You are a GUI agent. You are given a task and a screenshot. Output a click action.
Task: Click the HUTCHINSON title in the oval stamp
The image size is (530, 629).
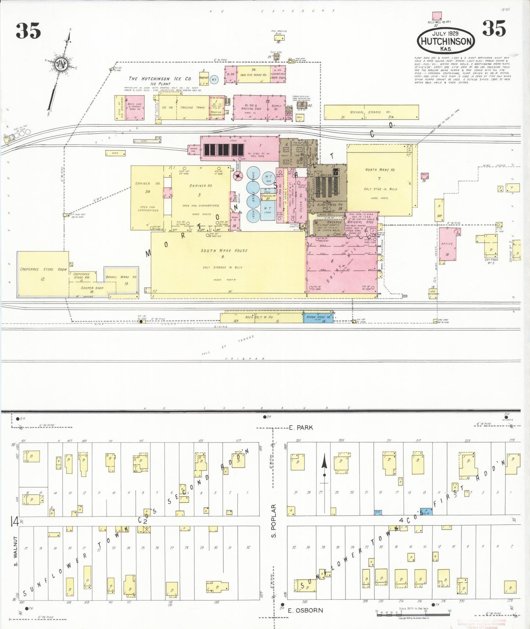[446, 41]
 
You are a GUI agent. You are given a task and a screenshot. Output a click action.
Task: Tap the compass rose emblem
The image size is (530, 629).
[60, 65]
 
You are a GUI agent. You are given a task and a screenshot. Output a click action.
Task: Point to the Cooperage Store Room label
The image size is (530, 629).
[43, 269]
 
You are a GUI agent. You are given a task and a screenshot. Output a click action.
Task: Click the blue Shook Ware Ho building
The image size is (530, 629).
[318, 317]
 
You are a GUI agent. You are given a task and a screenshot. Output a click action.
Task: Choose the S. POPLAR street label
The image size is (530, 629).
[273, 521]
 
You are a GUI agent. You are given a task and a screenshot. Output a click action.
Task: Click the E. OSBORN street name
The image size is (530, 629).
[306, 610]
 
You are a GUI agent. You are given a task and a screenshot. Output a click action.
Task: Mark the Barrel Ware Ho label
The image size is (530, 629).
[121, 277]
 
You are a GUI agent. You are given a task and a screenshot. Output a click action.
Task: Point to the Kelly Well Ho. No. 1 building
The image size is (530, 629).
[436, 16]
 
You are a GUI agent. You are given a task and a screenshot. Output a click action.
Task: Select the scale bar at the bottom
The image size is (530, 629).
[412, 611]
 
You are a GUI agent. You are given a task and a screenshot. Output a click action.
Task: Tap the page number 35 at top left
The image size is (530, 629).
[28, 30]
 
